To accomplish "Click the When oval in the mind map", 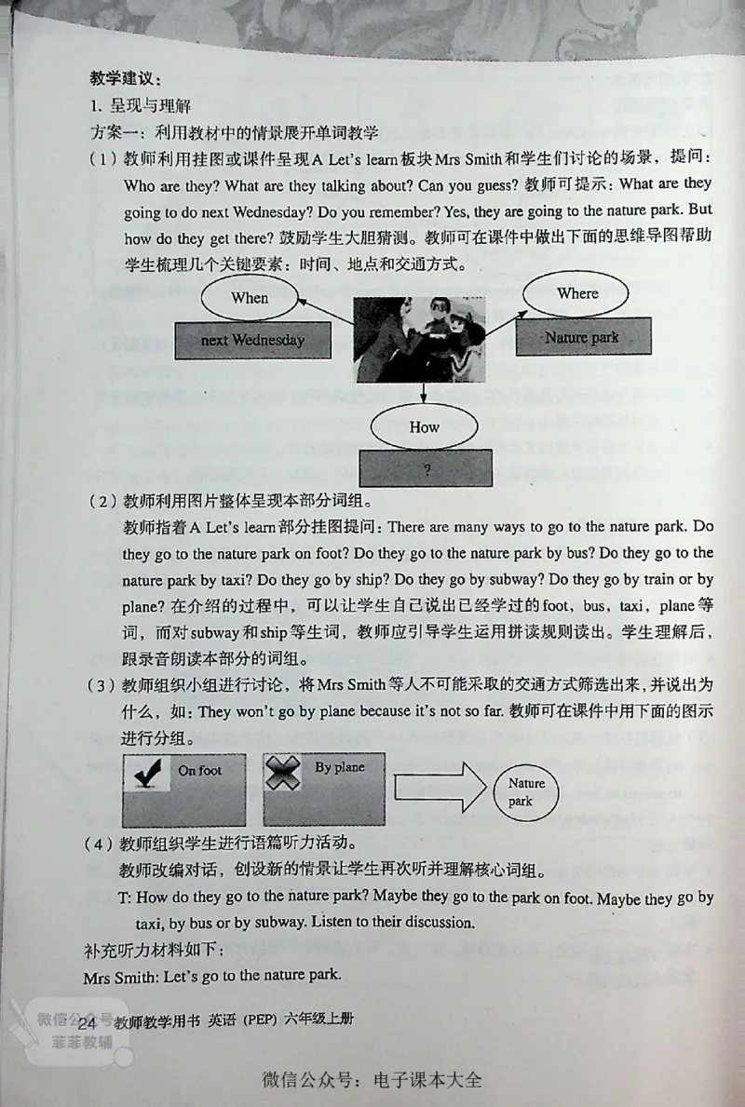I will click(x=249, y=298).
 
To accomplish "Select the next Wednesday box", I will click(x=252, y=340).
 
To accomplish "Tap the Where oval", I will click(x=576, y=293).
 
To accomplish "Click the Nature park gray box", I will click(x=581, y=338).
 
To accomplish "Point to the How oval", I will click(x=424, y=427).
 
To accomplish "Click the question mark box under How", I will click(x=426, y=469).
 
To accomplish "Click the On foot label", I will click(x=199, y=770).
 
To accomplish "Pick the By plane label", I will click(x=339, y=768).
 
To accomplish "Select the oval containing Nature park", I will click(x=526, y=791).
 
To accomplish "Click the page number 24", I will click(x=88, y=1022).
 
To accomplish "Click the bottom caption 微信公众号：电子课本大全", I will click(x=372, y=1081).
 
